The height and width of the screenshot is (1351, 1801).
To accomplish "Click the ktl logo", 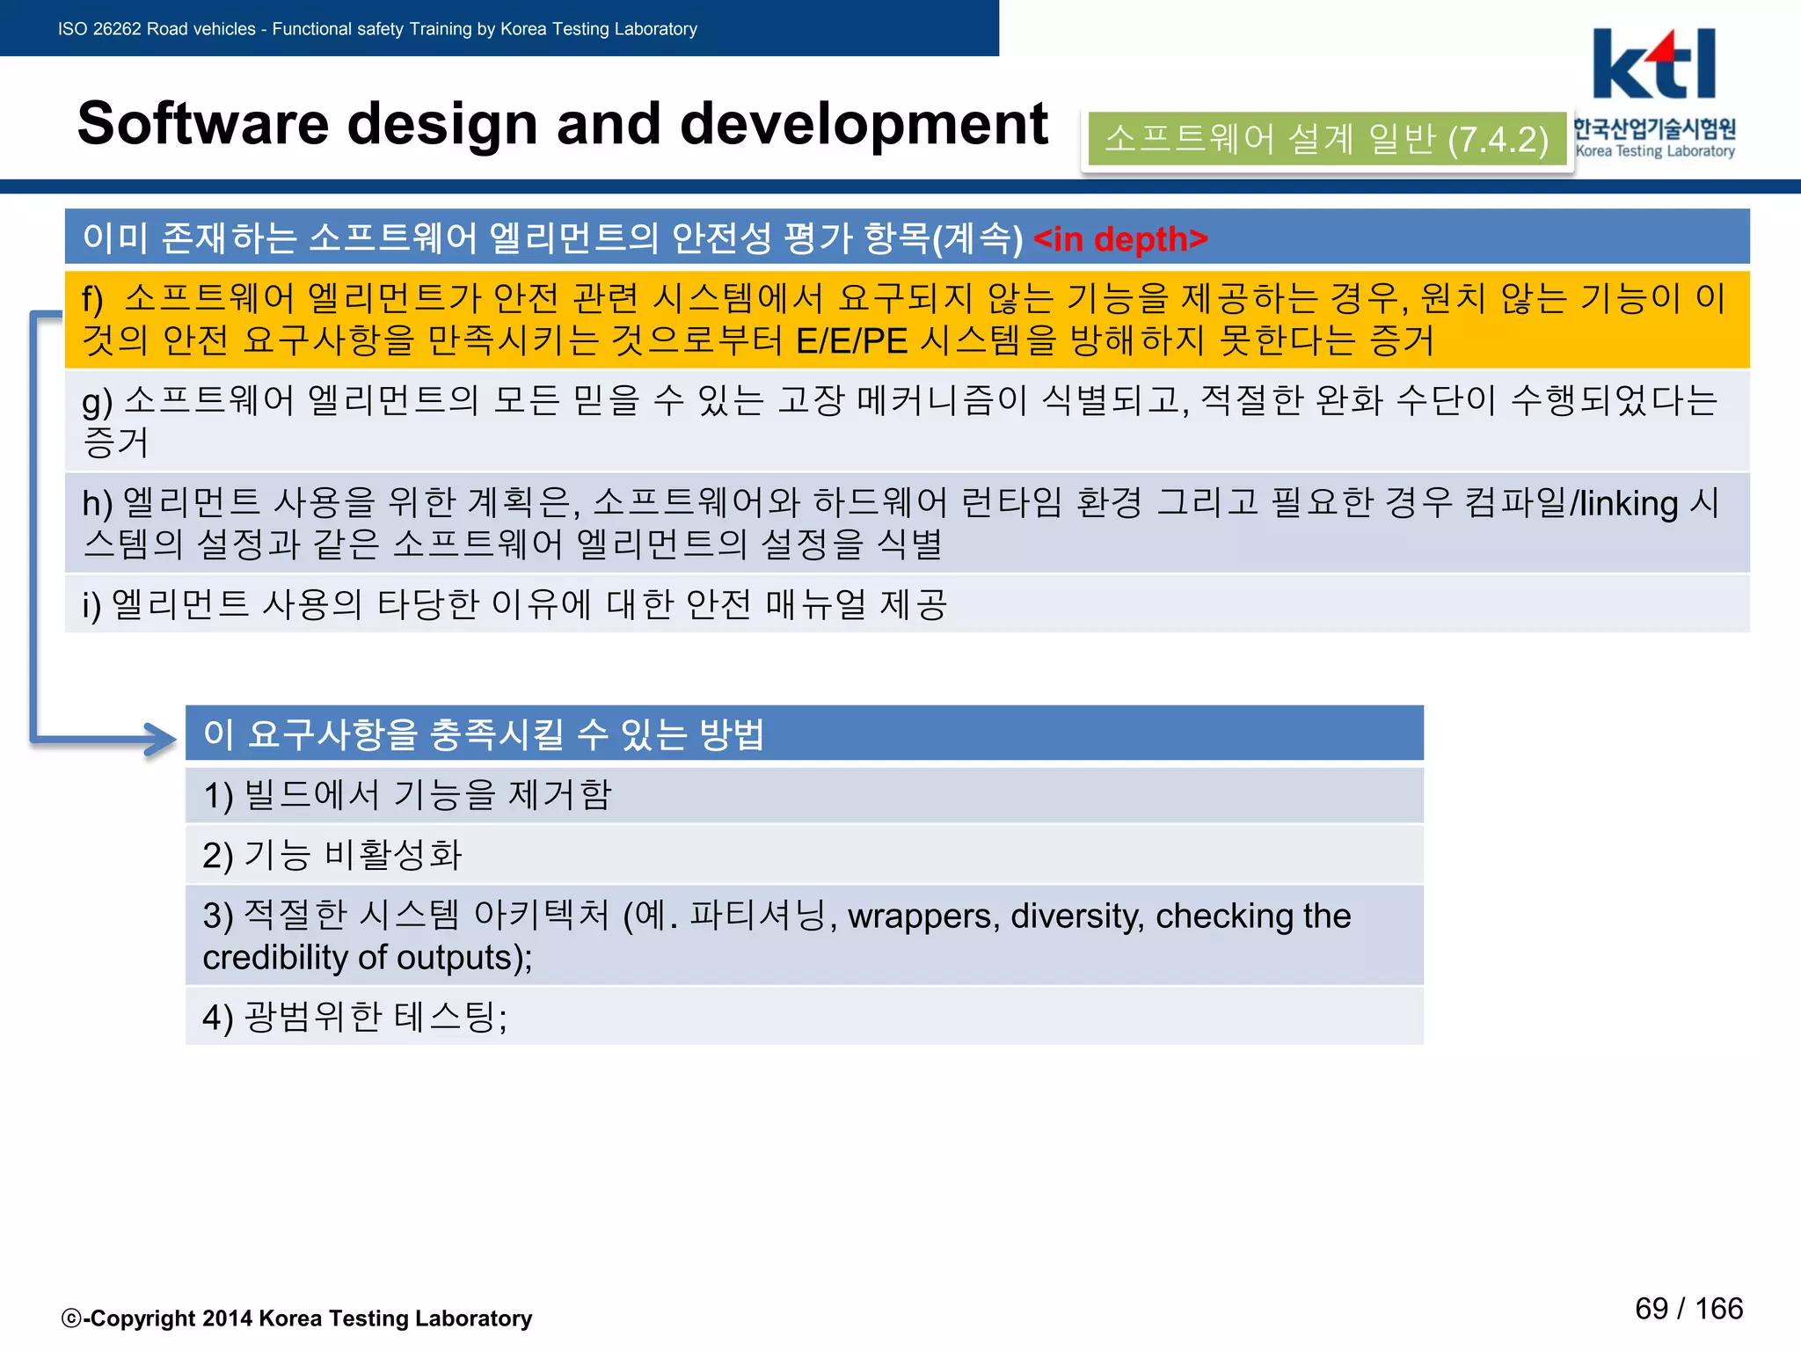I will point(1654,66).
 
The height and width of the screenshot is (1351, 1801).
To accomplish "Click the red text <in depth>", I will point(1120,239).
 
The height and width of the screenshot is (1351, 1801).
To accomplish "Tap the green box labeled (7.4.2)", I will point(1326,139).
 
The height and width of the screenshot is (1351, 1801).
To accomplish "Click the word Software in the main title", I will point(203,123).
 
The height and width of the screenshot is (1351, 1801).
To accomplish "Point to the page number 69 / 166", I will point(1688,1308).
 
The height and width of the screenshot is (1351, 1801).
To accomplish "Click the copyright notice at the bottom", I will point(297,1318).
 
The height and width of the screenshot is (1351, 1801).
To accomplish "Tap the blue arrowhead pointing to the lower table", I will point(162,739).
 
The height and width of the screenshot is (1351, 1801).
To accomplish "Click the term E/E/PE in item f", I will point(851,341).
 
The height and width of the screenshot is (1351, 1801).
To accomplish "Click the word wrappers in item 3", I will point(923,916).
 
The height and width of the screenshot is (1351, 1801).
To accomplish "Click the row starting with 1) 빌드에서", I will point(804,795).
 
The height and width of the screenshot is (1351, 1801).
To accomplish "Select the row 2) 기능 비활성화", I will point(804,855).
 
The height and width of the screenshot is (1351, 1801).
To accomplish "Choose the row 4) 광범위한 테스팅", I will point(804,1017).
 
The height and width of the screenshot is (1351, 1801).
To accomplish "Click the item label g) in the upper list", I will point(98,402).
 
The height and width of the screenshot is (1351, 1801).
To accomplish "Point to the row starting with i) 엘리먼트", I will point(906,604).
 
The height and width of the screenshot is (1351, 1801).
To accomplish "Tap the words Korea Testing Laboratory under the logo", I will point(1655,151).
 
